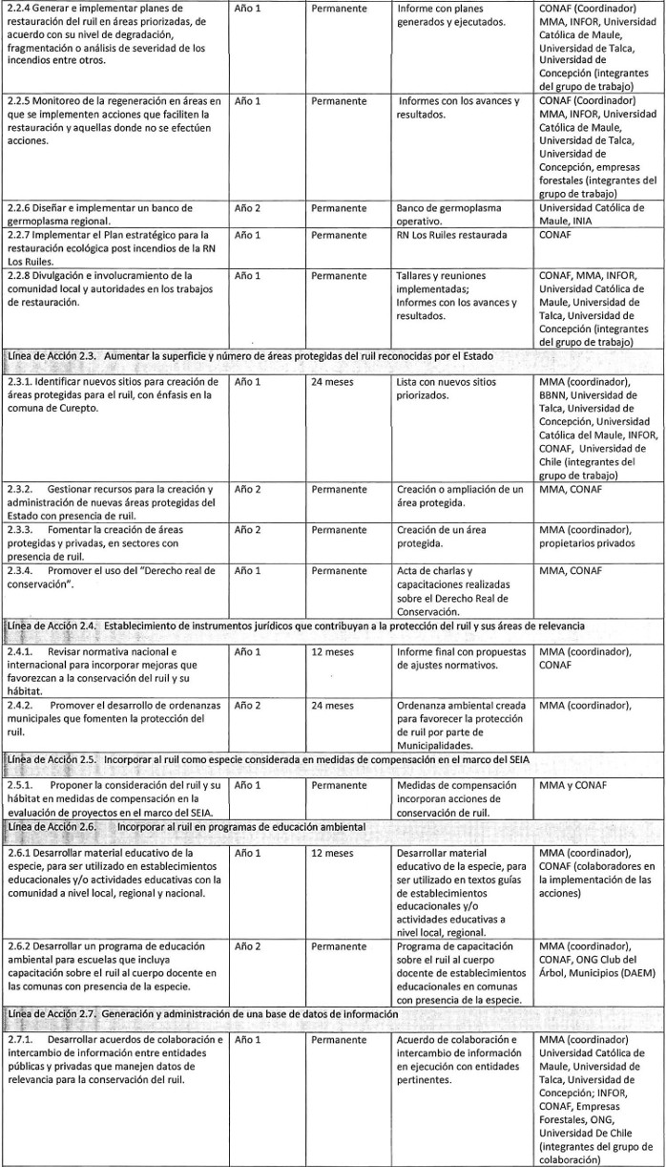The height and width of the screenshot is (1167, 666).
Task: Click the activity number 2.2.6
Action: pyautogui.click(x=20, y=207)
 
